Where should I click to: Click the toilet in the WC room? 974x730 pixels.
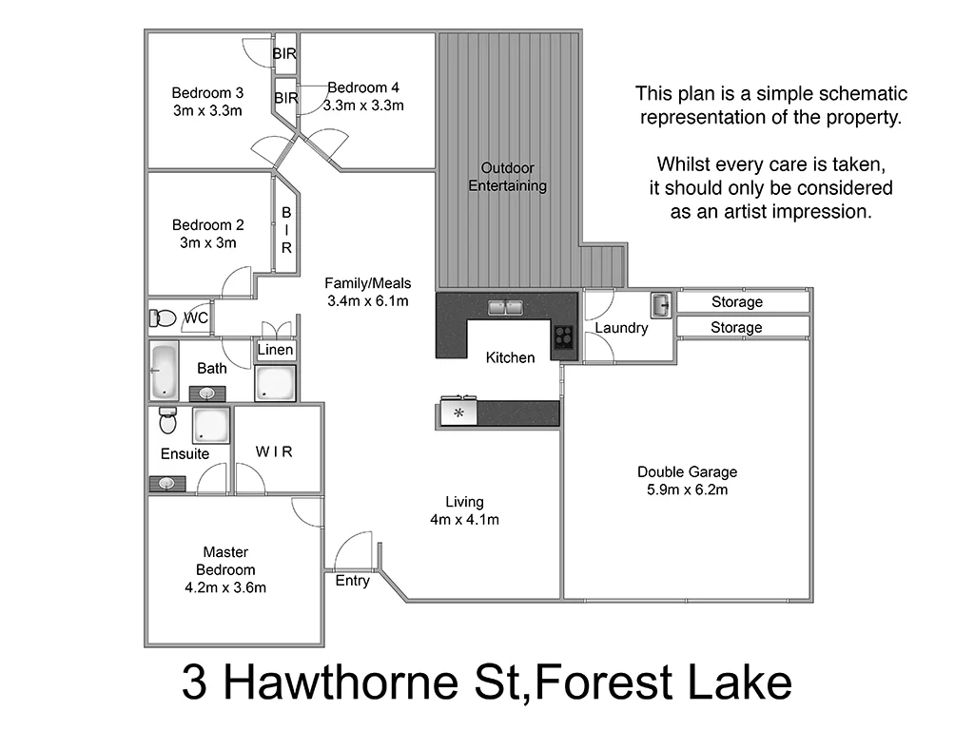[x=165, y=317]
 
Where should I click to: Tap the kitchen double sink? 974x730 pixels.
[x=505, y=307]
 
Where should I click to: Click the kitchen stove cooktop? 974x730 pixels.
[x=564, y=336]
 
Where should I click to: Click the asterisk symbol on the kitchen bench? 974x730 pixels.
[x=458, y=413]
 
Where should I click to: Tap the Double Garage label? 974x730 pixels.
[x=687, y=471]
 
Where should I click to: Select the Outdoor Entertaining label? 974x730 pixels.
[x=507, y=177]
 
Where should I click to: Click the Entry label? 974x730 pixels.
[x=352, y=581]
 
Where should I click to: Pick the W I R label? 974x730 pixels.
[x=274, y=451]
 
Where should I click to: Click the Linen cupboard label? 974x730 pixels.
[x=276, y=350]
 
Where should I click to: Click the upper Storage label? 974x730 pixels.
[x=737, y=302]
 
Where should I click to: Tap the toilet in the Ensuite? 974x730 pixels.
[x=168, y=419]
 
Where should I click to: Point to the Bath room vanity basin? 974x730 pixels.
[x=206, y=393]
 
